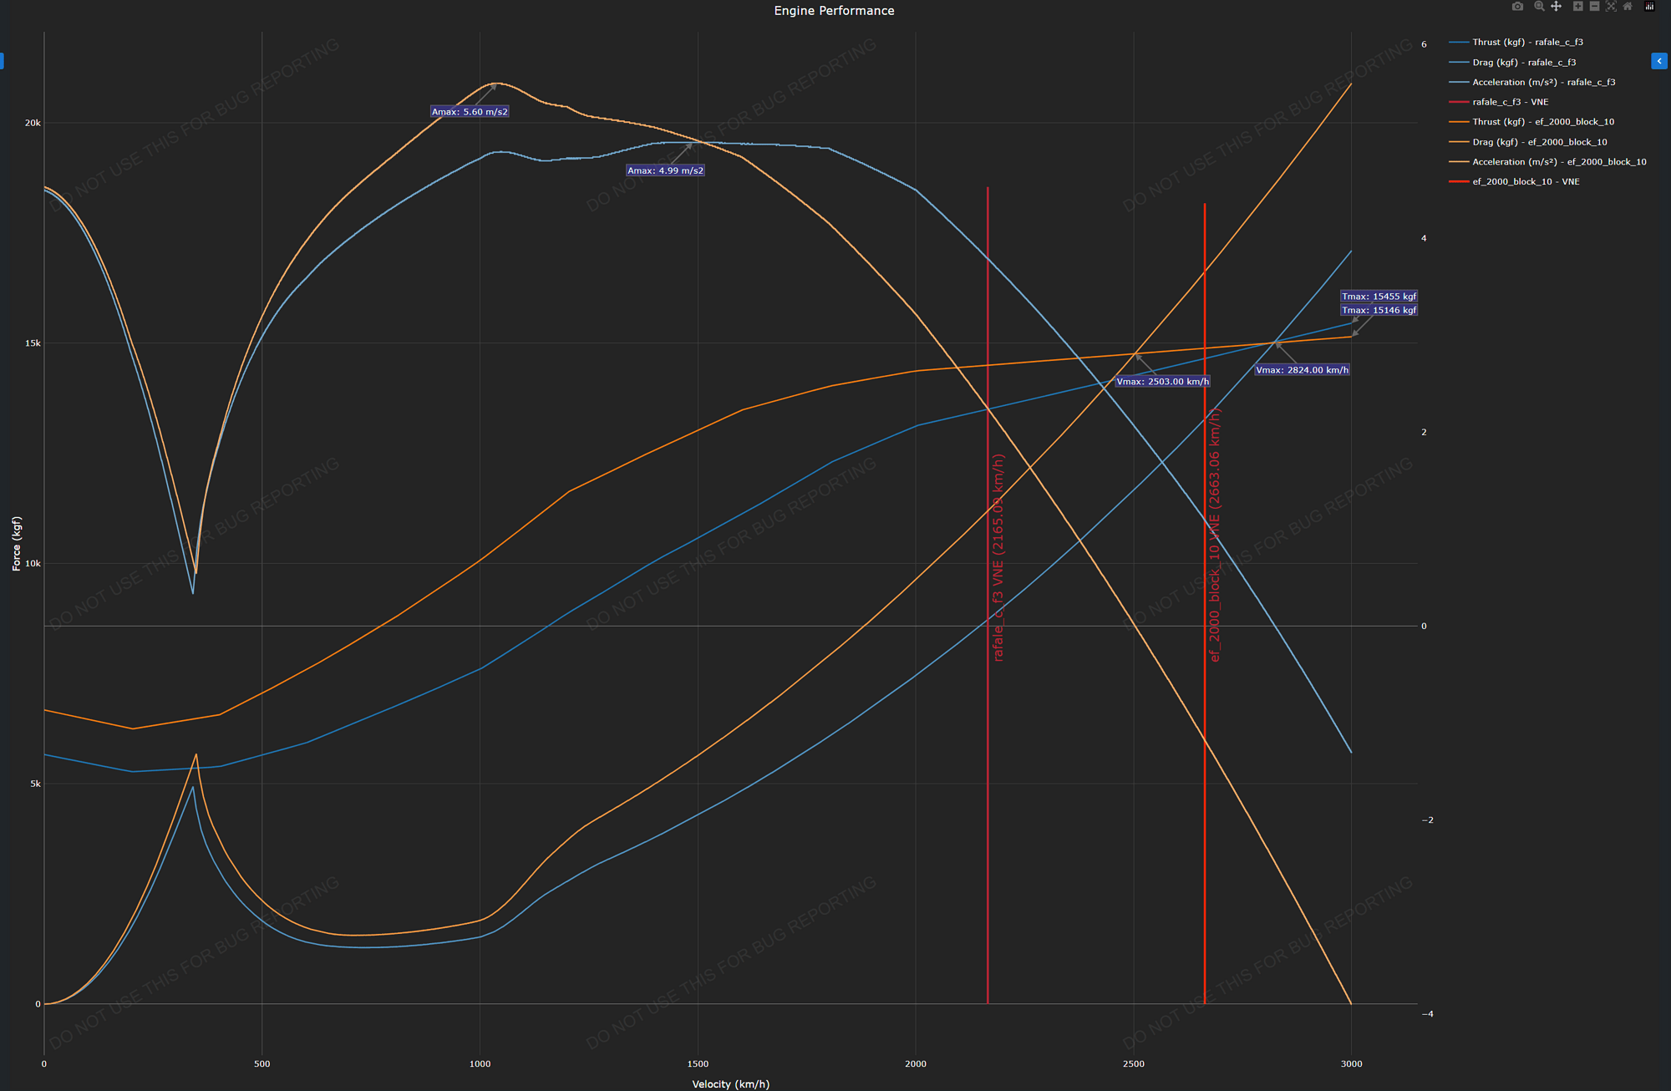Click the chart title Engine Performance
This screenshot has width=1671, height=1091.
834,11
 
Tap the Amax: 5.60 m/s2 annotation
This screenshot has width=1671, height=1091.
470,112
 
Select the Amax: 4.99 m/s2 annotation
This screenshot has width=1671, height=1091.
665,170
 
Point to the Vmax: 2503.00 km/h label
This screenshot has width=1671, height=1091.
1162,382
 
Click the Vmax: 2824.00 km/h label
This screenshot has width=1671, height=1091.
1302,370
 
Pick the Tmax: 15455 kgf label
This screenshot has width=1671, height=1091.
1379,297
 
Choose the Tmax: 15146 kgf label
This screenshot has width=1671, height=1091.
1379,311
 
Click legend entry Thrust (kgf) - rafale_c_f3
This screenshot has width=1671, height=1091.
1527,42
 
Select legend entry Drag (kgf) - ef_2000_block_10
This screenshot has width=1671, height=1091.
1539,142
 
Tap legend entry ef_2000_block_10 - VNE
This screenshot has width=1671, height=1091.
1526,181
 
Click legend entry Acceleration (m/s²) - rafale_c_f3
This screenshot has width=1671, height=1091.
1543,82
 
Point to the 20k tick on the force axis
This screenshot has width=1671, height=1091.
33,123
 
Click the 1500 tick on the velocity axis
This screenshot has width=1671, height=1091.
698,1064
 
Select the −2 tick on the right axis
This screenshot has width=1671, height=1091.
1427,820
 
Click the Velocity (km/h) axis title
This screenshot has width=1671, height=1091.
730,1084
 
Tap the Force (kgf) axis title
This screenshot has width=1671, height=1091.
17,543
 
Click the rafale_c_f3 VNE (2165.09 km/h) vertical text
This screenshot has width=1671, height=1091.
998,557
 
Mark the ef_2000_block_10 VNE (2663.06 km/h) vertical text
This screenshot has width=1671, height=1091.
1215,535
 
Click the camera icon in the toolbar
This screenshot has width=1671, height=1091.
1517,7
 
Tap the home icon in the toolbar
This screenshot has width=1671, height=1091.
1628,7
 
